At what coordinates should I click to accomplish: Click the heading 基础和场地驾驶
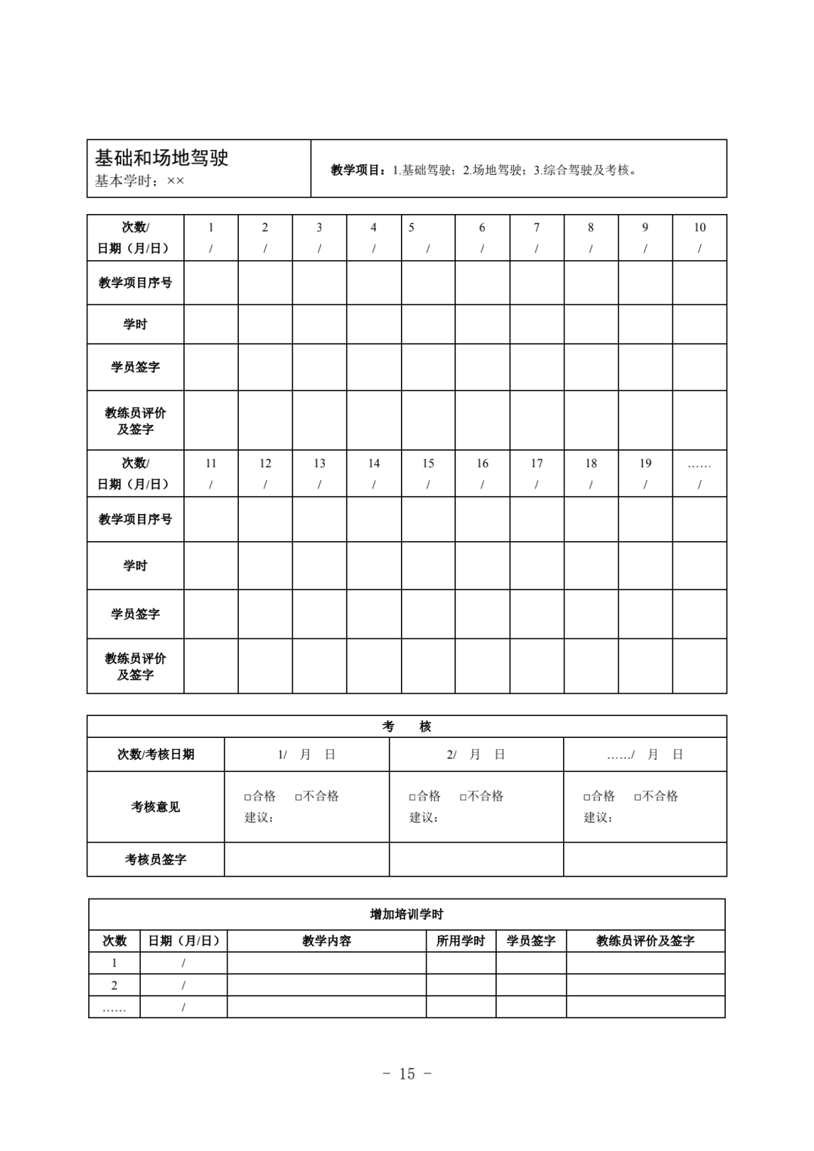coord(161,158)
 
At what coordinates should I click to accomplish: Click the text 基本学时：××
coord(139,181)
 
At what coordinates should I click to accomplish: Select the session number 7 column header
coord(537,228)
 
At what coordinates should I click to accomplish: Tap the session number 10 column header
coord(699,228)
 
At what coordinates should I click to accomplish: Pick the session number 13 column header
coord(320,464)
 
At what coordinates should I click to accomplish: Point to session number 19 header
coord(645,464)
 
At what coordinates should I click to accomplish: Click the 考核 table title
coord(407,727)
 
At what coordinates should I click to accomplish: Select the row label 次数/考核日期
coord(155,755)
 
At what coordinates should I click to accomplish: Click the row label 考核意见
coord(155,807)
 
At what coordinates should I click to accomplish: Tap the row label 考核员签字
coord(155,859)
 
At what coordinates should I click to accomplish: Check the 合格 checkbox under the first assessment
coord(248,797)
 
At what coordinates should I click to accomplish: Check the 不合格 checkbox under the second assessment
coord(464,797)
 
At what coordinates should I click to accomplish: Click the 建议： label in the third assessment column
coord(598,818)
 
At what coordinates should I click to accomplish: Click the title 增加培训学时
coord(407,914)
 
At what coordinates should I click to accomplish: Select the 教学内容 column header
coord(326,941)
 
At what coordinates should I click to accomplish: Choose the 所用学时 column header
coord(461,941)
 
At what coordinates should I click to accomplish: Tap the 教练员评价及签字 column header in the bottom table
coord(645,941)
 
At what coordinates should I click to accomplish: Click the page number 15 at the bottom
coord(407,1074)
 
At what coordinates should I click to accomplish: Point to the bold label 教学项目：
coord(360,170)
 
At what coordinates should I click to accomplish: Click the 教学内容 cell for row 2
coord(326,985)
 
